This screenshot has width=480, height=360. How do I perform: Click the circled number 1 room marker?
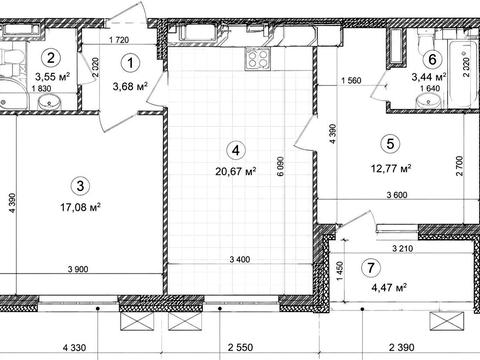coord(130,63)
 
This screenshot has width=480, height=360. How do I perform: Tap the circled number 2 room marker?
coord(51,58)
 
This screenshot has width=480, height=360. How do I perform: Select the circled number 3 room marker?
coord(80,186)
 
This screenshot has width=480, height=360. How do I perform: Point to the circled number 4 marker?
coord(235,150)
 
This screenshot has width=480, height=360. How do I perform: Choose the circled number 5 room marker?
coord(390,144)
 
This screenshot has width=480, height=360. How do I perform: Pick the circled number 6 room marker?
coord(432,59)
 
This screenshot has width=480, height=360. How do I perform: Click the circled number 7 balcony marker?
coord(371,267)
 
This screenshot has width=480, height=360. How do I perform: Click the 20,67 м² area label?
coord(236,171)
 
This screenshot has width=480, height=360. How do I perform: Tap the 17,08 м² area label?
coord(80,207)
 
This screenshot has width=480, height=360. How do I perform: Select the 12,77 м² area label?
coord(391,168)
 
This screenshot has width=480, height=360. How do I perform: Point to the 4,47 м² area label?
coord(390,287)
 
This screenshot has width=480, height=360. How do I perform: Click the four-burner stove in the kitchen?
coord(258,59)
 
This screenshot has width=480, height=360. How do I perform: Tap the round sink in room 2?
coord(49,102)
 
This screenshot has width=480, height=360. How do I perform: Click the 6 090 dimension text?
coord(281,167)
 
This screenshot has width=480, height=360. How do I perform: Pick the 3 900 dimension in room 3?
coord(78,269)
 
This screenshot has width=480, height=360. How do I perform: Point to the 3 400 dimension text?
coord(240,259)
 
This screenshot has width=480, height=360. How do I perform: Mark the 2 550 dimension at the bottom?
coord(241,348)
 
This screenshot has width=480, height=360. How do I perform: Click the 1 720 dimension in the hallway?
coord(119,40)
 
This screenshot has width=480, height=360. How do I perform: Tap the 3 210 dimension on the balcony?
coord(403,248)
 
